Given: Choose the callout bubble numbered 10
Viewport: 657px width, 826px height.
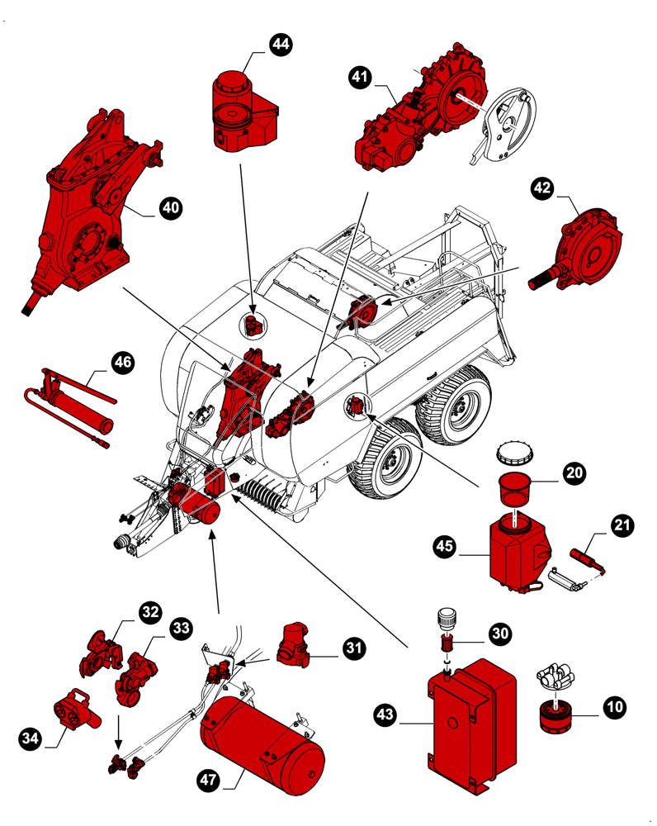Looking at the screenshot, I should (x=614, y=706).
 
